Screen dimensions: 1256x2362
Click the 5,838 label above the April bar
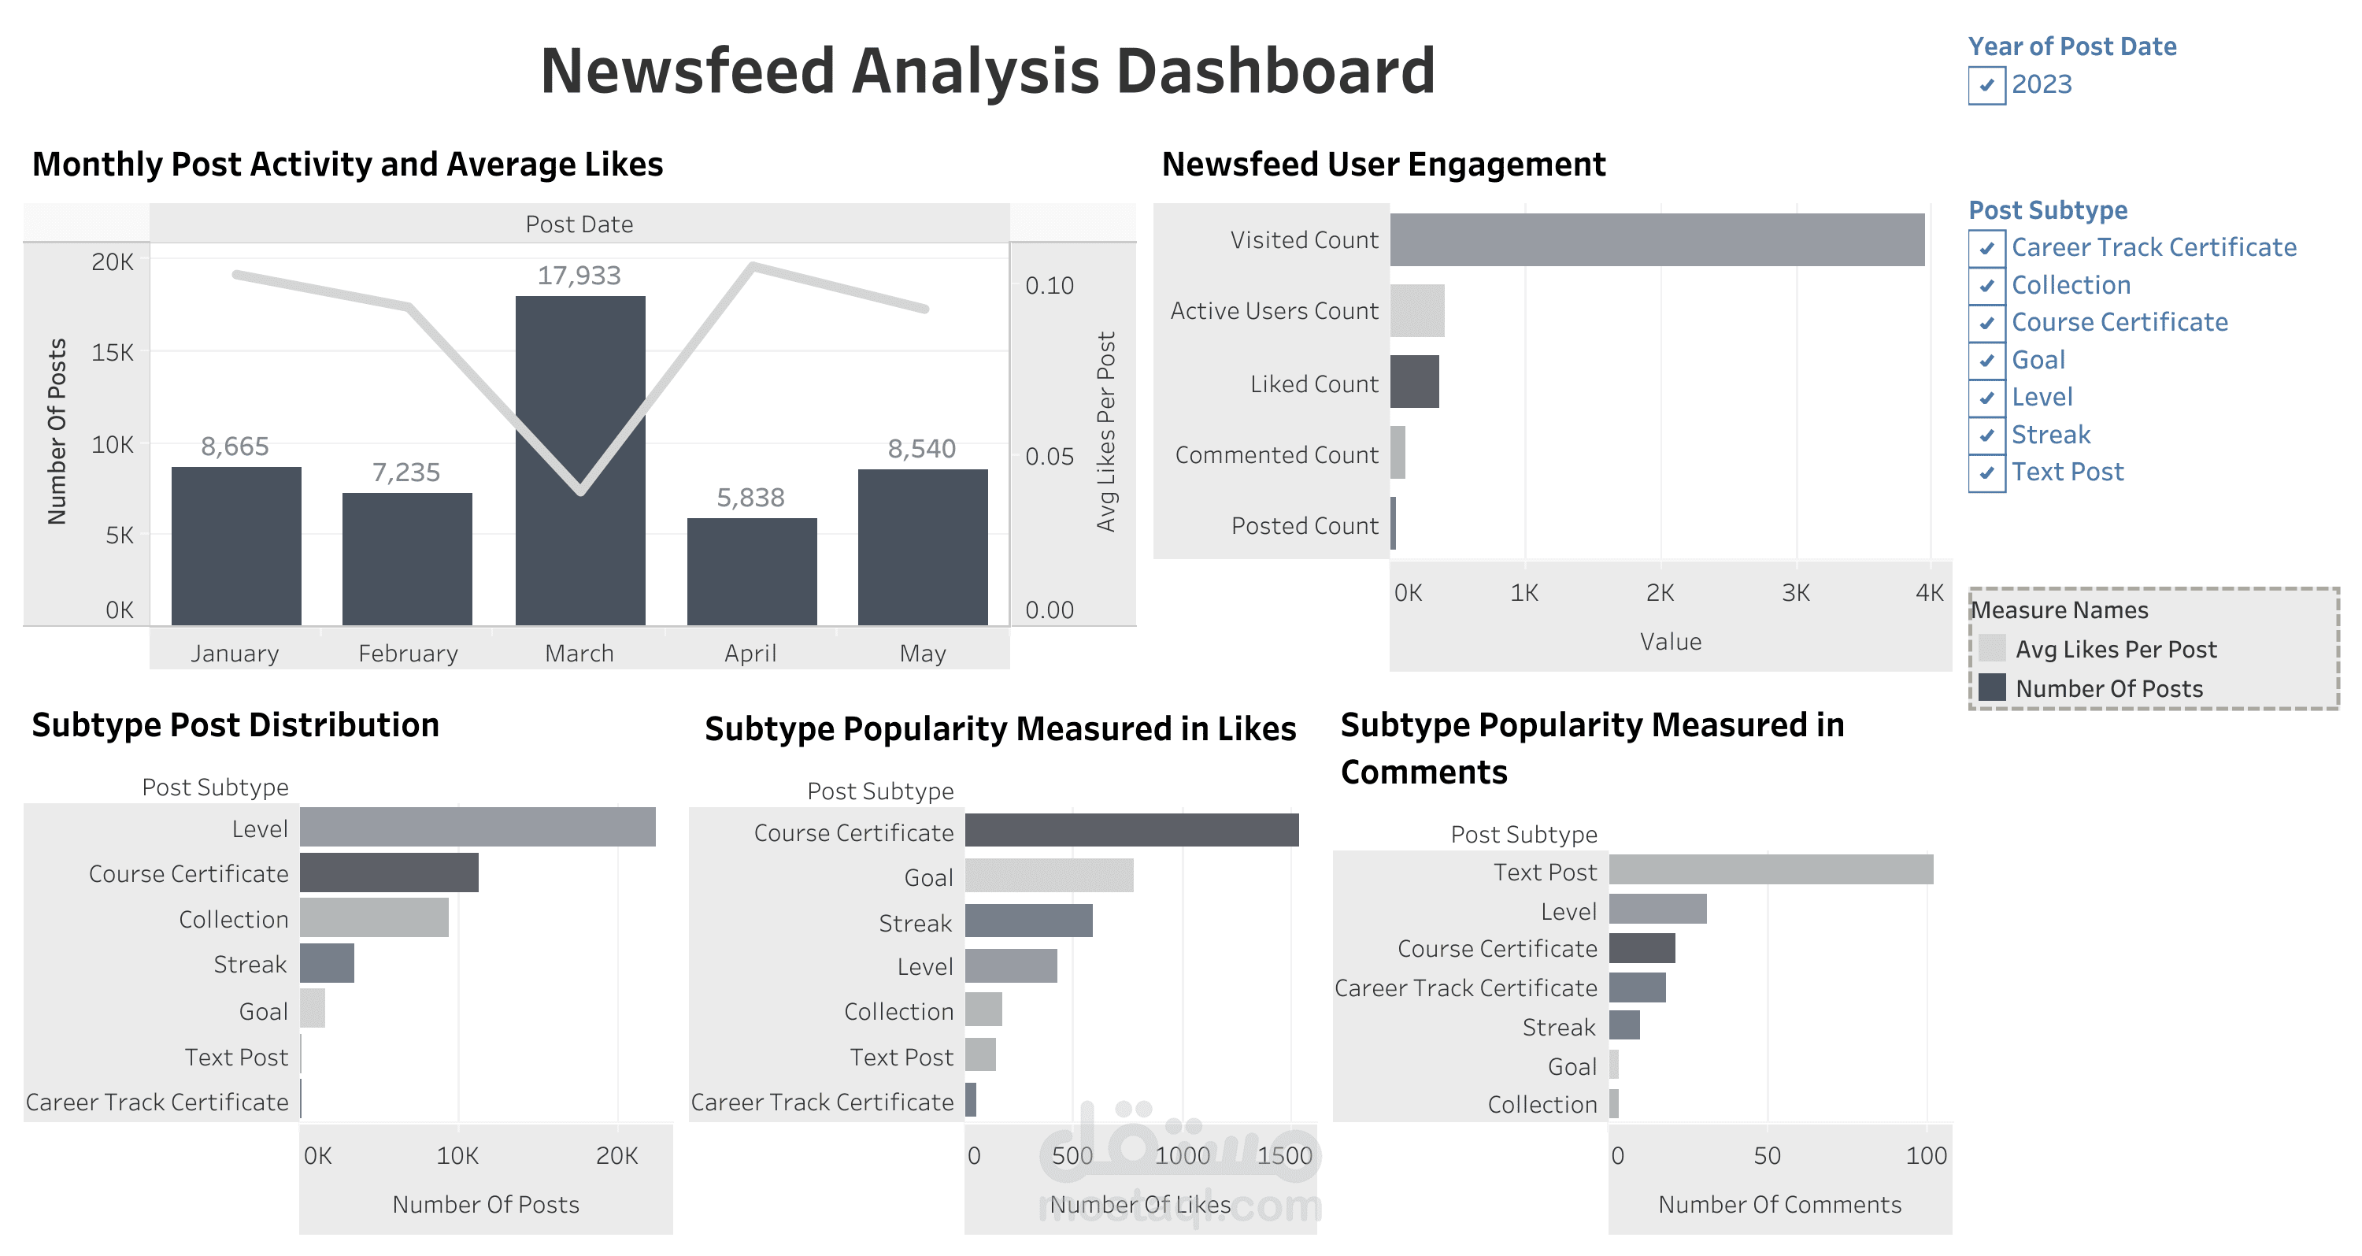(x=750, y=498)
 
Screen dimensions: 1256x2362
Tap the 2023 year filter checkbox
(x=1986, y=85)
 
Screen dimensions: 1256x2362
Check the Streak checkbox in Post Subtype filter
(x=1986, y=435)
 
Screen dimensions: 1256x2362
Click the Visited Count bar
(x=1656, y=240)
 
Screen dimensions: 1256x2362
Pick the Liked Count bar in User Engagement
(x=1414, y=382)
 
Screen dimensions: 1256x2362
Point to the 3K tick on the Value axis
(x=1795, y=593)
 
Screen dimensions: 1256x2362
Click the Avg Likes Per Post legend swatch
(x=1992, y=649)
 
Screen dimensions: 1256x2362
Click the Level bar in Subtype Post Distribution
(x=477, y=827)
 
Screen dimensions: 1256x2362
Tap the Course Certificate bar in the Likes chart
(x=1131, y=831)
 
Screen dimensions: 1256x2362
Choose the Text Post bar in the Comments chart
(x=1770, y=870)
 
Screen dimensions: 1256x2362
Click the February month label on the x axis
(x=407, y=654)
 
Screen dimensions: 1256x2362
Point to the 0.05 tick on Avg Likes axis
(x=1049, y=457)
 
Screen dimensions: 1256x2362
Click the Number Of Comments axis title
(x=1779, y=1205)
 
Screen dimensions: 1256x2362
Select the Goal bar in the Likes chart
(x=1049, y=876)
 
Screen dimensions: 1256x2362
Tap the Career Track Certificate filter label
(x=2153, y=247)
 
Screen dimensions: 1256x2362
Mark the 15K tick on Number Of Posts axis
(x=112, y=353)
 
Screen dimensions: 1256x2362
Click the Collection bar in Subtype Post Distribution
(x=373, y=917)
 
